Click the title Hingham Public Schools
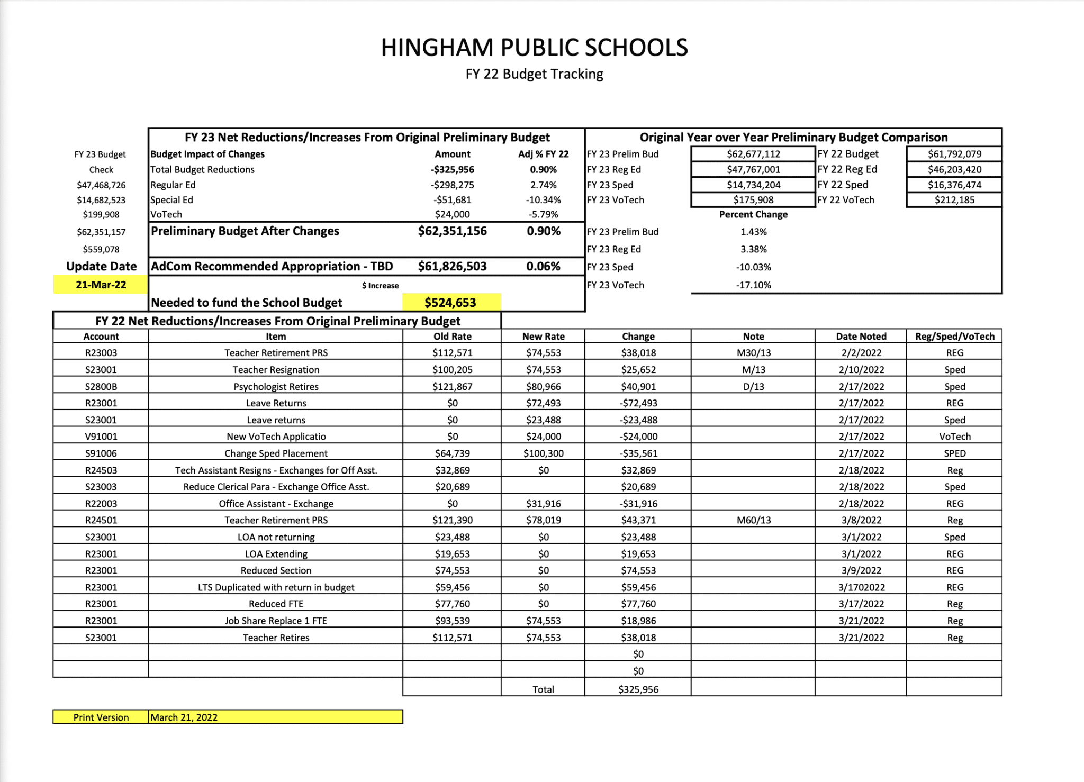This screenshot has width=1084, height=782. coord(534,48)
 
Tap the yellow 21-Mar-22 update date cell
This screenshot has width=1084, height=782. coord(101,285)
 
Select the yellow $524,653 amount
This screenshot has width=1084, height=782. coord(450,302)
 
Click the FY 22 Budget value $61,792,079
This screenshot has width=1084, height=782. coord(954,154)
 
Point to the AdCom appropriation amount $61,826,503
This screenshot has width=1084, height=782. coord(452,266)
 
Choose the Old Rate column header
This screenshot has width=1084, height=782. coord(452,336)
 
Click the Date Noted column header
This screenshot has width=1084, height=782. coord(861,336)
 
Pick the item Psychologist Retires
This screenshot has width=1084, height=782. coord(276,386)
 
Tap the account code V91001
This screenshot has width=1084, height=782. coord(101,437)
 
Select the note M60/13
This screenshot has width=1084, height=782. coord(753,520)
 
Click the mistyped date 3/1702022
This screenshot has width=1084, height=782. coord(861,587)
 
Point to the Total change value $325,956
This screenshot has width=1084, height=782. coord(638,689)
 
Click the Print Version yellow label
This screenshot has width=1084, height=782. coord(101,717)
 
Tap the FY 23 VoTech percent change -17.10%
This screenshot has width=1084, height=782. coord(753,285)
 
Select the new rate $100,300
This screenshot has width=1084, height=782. coord(543,453)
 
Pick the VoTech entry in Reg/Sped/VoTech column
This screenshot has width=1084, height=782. coord(954,437)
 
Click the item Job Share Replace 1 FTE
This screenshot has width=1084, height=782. coord(276,621)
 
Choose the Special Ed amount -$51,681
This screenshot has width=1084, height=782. coord(452,200)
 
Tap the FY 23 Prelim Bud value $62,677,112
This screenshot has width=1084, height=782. coord(753,154)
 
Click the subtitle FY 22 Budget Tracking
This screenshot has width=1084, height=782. coord(534,74)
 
